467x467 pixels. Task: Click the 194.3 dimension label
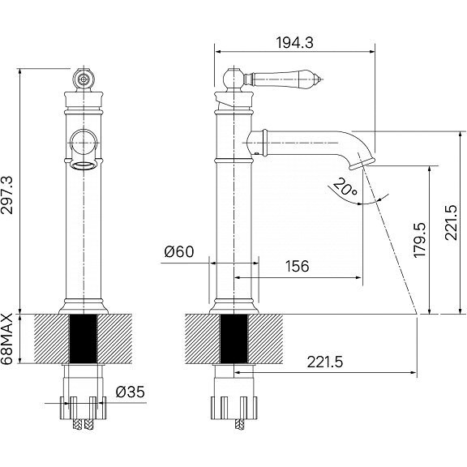tap(295, 43)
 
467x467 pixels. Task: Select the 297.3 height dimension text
tap(7, 195)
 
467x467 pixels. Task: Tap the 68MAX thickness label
tap(7, 339)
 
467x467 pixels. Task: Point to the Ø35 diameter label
tap(131, 392)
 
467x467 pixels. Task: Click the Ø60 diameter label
tap(179, 251)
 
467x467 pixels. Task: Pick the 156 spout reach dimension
tap(298, 266)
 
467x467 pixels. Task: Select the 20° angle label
tap(345, 186)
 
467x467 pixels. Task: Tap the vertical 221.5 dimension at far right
tap(451, 222)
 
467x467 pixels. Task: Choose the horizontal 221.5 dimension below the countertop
tap(325, 362)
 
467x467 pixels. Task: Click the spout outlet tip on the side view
tap(361, 163)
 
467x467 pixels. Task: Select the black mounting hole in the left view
tap(84, 339)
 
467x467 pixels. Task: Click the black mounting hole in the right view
tap(234, 339)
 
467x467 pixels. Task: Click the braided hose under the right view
tap(239, 424)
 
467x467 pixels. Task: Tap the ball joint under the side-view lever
tap(233, 79)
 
